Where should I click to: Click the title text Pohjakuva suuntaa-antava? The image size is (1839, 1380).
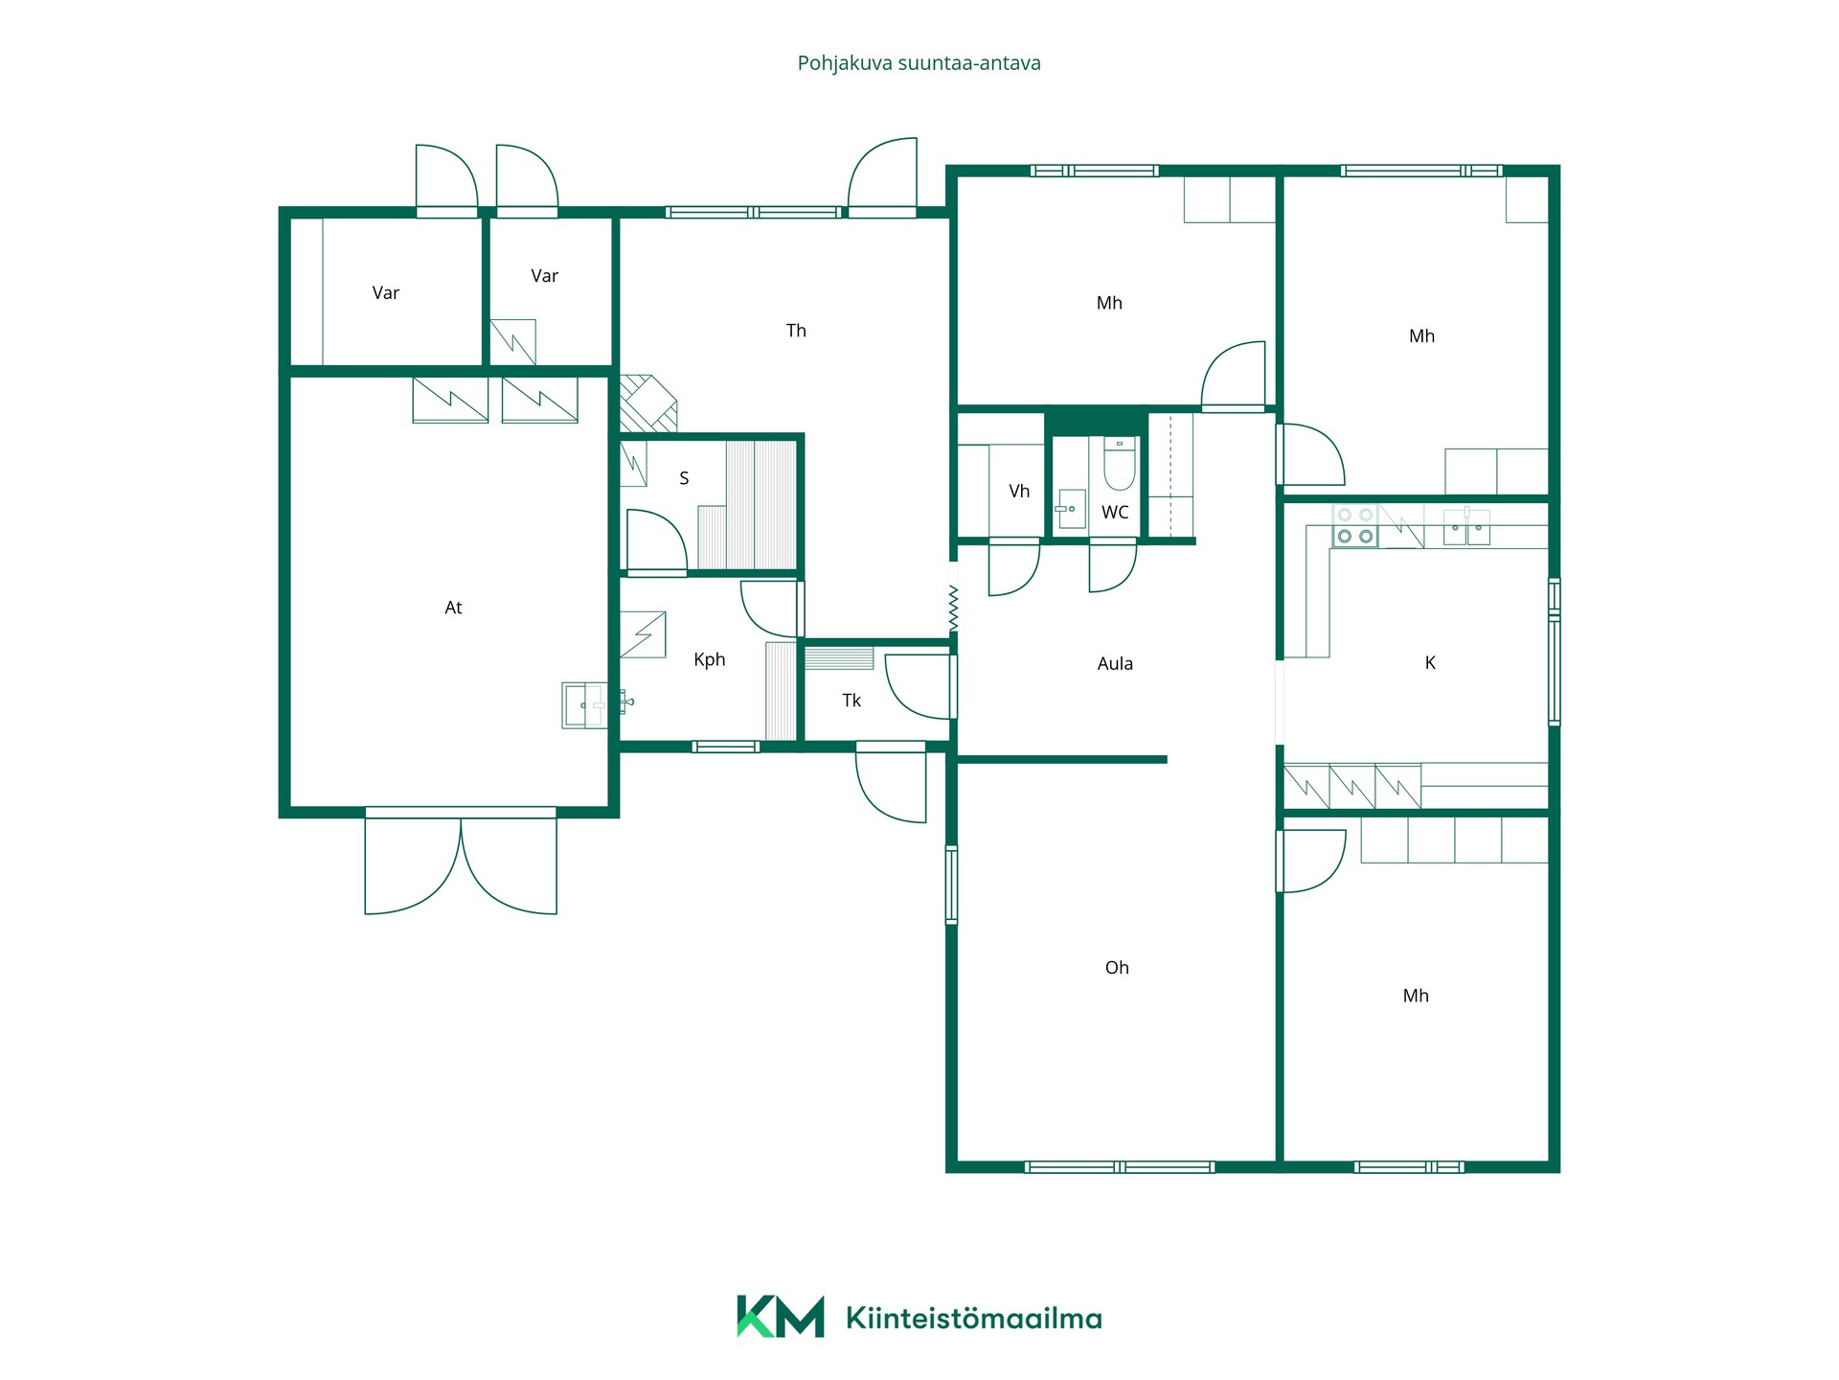pos(919,63)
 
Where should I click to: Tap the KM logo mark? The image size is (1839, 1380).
pos(780,1316)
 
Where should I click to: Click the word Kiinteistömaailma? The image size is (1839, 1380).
pos(974,1319)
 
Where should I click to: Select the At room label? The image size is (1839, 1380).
pos(453,608)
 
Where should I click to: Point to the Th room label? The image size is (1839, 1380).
pos(796,331)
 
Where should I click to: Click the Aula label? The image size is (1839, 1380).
pos(1115,663)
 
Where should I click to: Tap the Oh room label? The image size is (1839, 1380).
pos(1117,968)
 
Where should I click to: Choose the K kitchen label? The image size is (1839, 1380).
pos(1430,662)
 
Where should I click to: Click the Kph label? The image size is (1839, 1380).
pos(709,659)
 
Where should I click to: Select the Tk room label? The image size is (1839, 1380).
pos(851,701)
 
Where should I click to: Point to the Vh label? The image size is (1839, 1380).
pos(1019,492)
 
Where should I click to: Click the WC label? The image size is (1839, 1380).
pos(1115,513)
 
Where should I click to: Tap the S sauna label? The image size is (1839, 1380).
pos(684,478)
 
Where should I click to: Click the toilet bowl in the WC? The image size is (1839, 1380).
pos(1120,464)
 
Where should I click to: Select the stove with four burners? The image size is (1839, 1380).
pos(1354,525)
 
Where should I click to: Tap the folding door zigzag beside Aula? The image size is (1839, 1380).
pos(953,608)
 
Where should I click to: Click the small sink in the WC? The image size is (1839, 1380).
pos(1071,509)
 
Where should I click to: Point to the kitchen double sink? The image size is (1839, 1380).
pos(1466,527)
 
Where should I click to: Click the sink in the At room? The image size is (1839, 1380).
pos(584,705)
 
